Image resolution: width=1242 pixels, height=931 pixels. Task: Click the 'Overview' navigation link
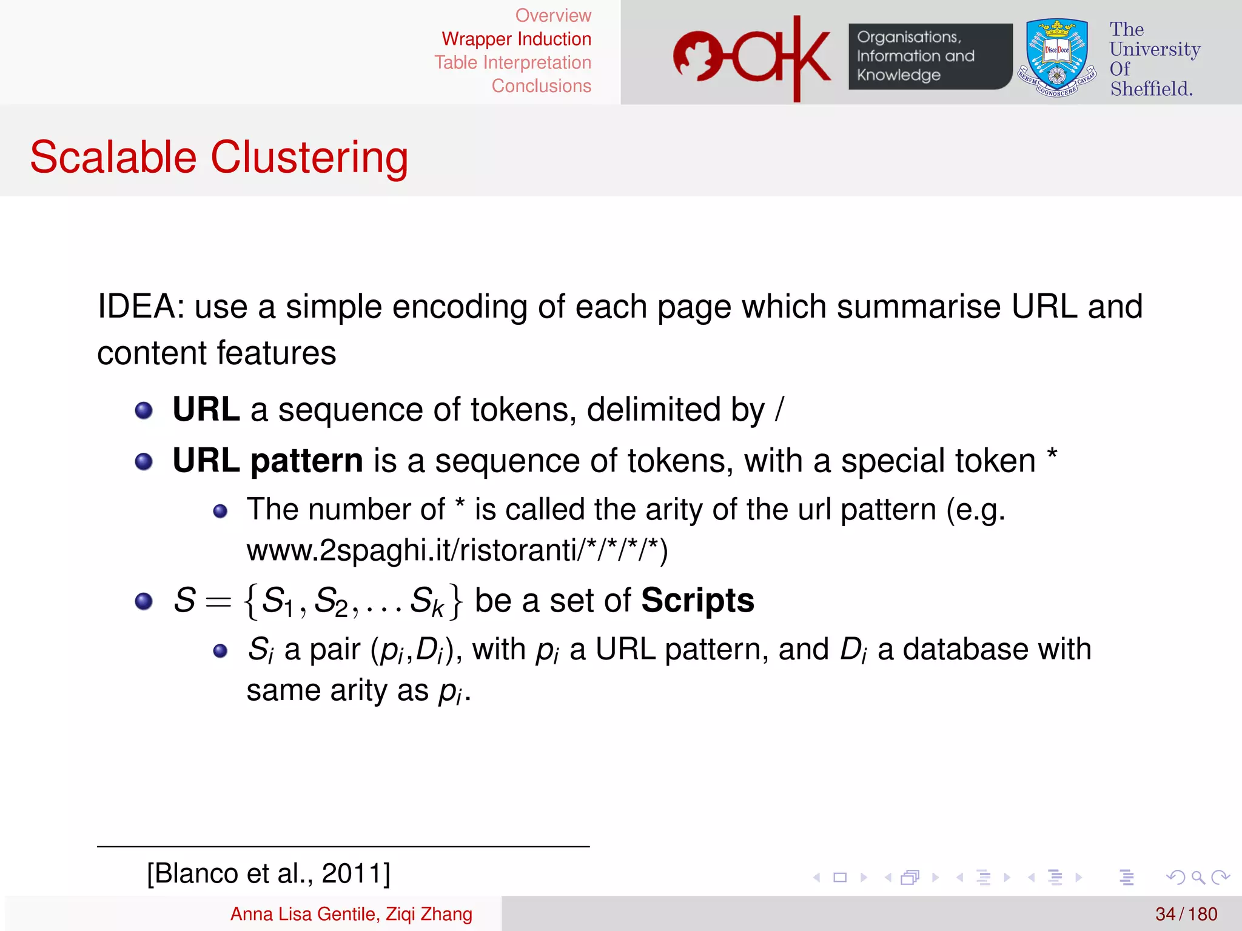pos(552,16)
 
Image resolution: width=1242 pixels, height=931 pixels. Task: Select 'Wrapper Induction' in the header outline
pos(516,39)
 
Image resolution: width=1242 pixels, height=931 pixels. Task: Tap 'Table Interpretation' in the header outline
pos(512,62)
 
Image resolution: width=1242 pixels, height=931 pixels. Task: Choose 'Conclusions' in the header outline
pos(541,86)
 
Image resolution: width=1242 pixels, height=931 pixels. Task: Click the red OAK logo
pos(751,58)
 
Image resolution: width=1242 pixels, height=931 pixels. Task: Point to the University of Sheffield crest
pos(1057,58)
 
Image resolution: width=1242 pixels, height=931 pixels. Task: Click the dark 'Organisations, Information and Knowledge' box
pos(929,56)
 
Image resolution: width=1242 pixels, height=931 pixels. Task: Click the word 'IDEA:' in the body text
pos(141,307)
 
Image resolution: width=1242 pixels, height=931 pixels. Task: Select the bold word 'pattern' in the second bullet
pos(307,461)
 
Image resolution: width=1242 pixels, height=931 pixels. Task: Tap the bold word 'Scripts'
pos(697,601)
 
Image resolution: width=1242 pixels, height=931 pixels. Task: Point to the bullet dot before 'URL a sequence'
pos(144,411)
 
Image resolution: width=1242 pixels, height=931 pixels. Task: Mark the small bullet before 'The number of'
pos(220,511)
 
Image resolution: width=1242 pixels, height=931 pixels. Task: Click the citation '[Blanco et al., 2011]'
pos(269,873)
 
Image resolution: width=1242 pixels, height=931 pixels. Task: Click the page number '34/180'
pos(1186,914)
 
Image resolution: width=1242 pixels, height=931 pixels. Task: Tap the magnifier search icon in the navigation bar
pos(1197,877)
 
